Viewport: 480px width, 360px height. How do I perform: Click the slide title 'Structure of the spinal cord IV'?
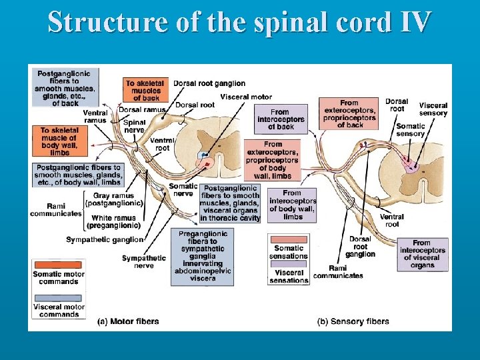239,21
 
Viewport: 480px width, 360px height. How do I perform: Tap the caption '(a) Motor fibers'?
128,321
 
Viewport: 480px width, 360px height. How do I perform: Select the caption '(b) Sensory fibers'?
353,321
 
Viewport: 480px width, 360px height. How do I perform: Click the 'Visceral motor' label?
245,97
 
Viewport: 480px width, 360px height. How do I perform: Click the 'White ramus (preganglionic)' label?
113,221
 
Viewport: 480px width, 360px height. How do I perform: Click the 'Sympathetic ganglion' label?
105,239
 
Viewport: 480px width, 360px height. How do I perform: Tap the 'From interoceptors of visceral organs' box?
422,254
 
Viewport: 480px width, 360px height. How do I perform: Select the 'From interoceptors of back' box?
280,119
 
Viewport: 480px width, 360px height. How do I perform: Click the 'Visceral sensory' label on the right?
433,109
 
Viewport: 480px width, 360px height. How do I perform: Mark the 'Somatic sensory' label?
410,130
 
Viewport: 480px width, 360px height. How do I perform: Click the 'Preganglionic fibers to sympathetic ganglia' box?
203,256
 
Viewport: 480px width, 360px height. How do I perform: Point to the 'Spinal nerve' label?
135,126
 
